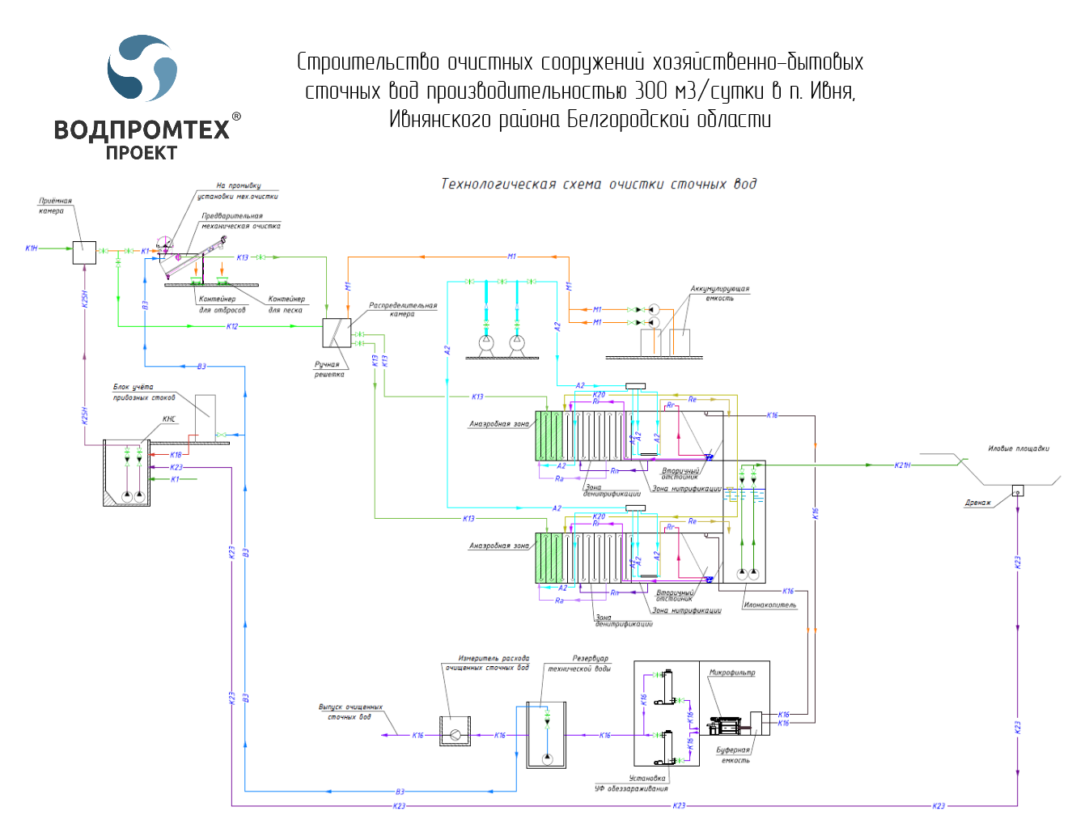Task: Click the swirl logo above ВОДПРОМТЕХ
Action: coord(142,68)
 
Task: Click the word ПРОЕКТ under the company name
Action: coord(142,152)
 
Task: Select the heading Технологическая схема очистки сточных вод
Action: coord(599,184)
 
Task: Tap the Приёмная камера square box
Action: coord(84,253)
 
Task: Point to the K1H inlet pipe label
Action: coord(32,248)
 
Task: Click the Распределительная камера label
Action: coord(403,309)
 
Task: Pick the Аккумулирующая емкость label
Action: coord(719,293)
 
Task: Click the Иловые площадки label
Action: coord(1018,448)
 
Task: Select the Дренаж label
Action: coord(977,503)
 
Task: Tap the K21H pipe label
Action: coord(902,465)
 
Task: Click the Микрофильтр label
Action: coord(732,673)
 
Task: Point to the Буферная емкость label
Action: coord(733,754)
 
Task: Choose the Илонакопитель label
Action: coord(769,605)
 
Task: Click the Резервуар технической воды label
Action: coord(579,664)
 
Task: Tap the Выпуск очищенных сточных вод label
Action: coord(350,711)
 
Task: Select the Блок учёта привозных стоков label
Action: coord(144,392)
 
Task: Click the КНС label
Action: coord(169,419)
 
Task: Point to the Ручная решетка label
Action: coord(328,369)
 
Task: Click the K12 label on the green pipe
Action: coord(232,326)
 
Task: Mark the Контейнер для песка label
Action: coord(286,304)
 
